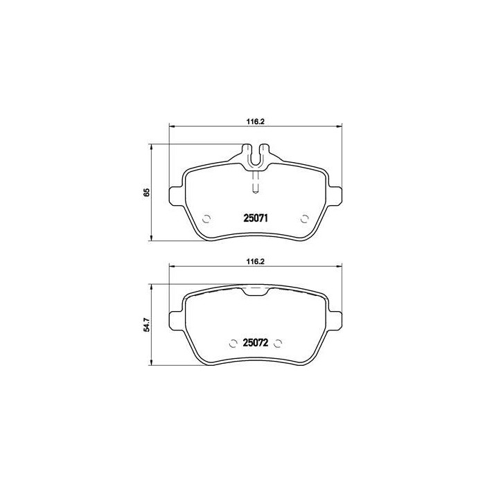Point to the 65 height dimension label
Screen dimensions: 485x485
146,193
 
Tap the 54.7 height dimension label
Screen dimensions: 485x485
146,326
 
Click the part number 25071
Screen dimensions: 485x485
256,218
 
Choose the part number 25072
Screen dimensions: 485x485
256,343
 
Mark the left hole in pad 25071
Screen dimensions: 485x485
205,219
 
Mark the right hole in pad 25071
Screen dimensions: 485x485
306,219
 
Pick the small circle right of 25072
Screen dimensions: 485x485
278,343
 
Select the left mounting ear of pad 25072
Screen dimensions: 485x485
176,319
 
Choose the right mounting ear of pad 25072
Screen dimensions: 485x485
337,319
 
